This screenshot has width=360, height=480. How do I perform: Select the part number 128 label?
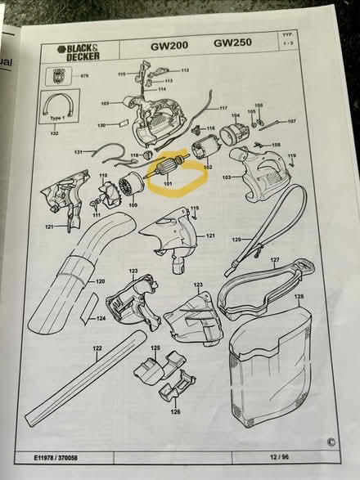click(x=299, y=297)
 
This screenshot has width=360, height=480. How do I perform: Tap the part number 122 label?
click(x=97, y=348)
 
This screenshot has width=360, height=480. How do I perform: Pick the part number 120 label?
click(x=100, y=281)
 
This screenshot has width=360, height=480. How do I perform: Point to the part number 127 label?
click(x=276, y=261)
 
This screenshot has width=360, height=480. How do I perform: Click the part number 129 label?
click(x=236, y=240)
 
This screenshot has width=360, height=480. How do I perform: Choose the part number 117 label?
click(x=223, y=108)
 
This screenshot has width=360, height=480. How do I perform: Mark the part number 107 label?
click(x=291, y=121)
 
